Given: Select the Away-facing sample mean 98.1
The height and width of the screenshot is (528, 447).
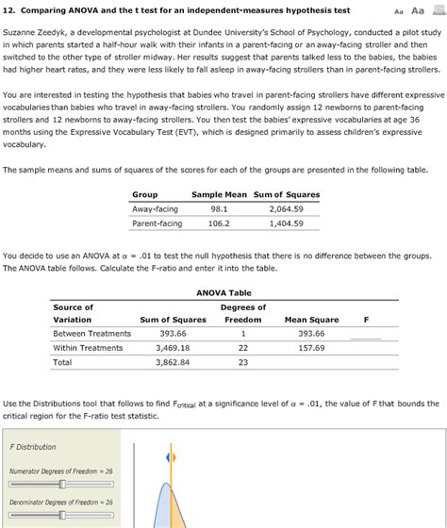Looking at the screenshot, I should (x=218, y=209).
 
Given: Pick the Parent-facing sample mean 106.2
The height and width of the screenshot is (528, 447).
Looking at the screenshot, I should (x=218, y=223).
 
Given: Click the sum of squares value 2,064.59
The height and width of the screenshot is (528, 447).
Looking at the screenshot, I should (x=286, y=209).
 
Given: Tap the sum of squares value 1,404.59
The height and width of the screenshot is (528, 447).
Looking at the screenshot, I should (x=286, y=223).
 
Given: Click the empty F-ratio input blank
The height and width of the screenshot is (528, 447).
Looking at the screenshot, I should (x=366, y=333).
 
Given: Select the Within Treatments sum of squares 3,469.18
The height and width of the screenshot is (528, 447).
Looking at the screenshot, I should (x=173, y=348).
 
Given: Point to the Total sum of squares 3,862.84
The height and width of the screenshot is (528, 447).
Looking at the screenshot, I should (x=173, y=362).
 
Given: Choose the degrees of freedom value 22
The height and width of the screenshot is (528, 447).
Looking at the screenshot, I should (x=242, y=348).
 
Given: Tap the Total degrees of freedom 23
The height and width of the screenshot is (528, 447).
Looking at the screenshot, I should (x=242, y=362).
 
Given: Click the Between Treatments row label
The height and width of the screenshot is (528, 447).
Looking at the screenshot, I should (x=91, y=333).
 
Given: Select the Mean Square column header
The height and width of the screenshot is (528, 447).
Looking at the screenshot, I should (x=310, y=320).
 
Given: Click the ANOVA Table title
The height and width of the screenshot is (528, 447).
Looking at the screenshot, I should (x=223, y=292).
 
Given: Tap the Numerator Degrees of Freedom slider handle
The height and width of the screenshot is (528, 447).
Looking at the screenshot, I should (x=62, y=484).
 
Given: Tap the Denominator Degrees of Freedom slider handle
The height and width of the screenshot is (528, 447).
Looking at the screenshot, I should (x=62, y=516).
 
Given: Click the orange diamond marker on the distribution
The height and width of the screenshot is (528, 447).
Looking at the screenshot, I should (x=171, y=457).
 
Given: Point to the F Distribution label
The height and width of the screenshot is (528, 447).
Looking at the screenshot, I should (x=33, y=446).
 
